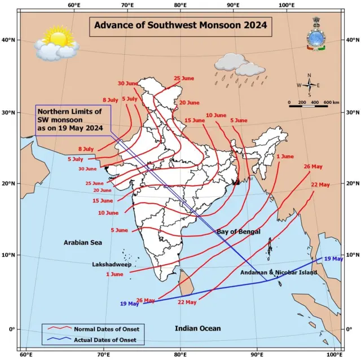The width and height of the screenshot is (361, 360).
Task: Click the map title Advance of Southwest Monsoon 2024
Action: pos(180,26)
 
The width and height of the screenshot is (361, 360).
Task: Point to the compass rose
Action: pos(309,85)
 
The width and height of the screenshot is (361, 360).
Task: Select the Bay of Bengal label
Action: pos(239,232)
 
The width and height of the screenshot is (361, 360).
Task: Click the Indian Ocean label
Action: pos(197,328)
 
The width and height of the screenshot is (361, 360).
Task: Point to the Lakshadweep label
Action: pos(111,264)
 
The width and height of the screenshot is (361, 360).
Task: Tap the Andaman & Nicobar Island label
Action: pos(279,273)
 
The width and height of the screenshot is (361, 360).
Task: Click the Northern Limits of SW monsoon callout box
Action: pos(72,120)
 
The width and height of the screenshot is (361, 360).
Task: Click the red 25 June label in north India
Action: pos(184,78)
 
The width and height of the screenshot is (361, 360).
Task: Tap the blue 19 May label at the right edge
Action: pos(333,258)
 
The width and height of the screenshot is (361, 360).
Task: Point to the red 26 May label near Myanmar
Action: pos(313,166)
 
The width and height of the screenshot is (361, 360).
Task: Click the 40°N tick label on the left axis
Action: pos(9,40)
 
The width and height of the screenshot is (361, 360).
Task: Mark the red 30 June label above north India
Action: pos(128,84)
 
